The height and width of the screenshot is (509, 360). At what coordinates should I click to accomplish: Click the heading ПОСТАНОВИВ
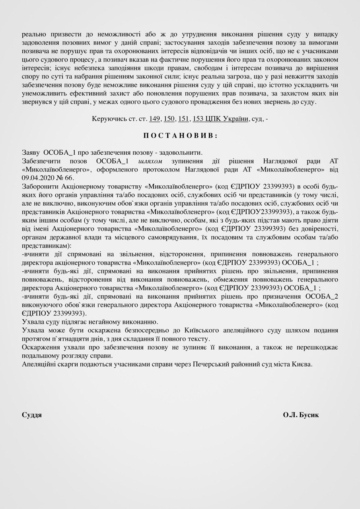point(180,135)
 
